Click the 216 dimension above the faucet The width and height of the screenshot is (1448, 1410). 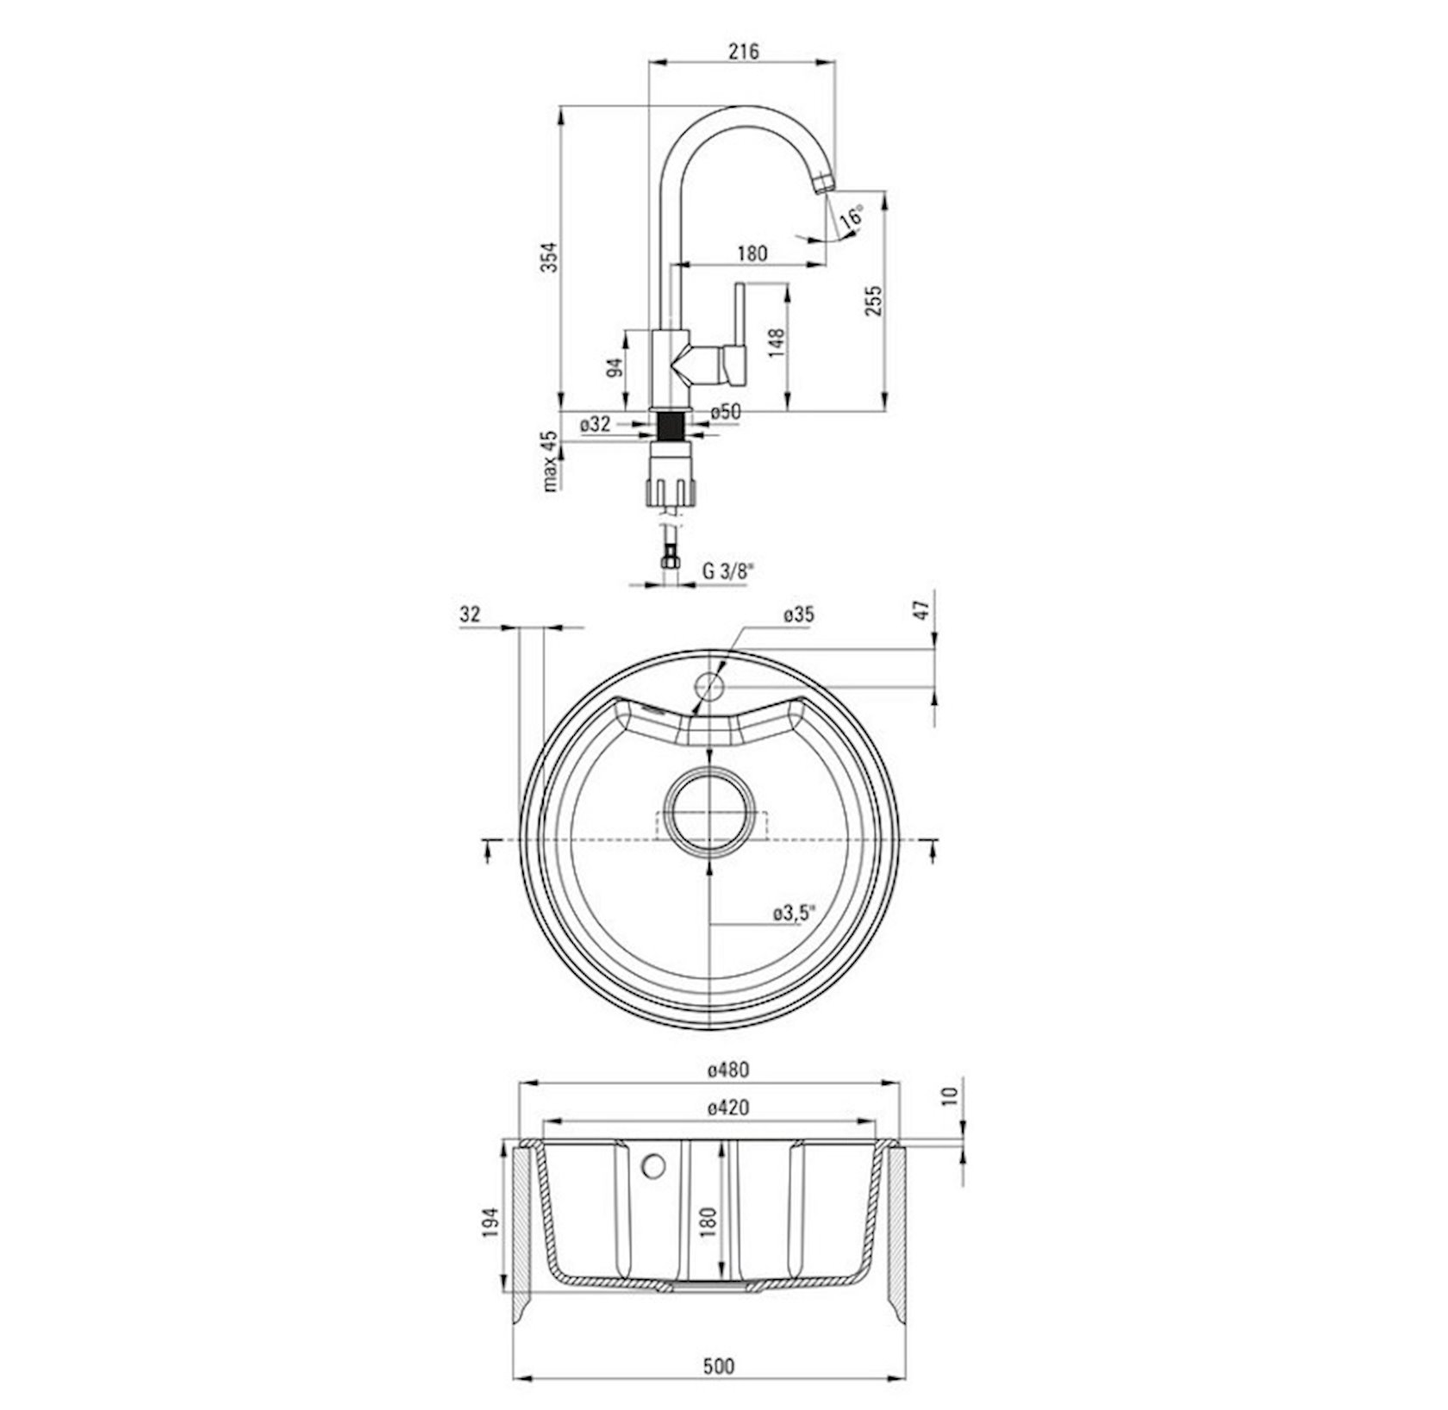(743, 52)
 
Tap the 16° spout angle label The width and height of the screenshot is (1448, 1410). (852, 215)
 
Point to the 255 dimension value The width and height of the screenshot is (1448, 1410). (874, 301)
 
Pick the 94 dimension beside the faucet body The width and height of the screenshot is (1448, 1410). (614, 368)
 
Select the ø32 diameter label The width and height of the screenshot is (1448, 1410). (596, 424)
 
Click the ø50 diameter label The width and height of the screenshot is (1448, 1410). (726, 413)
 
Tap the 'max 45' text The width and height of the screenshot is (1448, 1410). (550, 461)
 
